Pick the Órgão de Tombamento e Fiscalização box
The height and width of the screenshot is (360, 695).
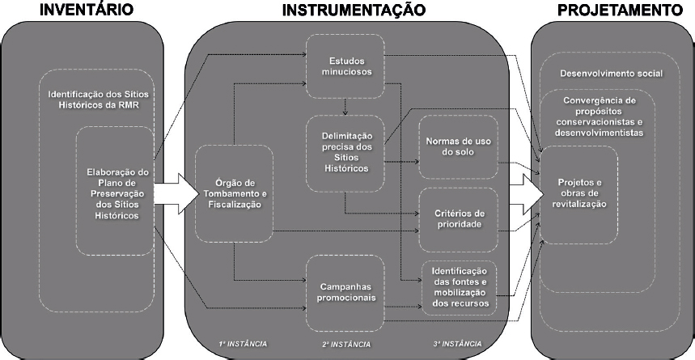point(235,193)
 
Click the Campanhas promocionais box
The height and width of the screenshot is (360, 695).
point(345,290)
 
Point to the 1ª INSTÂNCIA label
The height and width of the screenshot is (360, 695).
point(242,343)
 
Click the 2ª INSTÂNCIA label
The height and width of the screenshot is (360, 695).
point(345,344)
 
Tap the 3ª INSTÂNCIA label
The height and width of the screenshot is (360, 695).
point(458,343)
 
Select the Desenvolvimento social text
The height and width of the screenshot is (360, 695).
point(611,74)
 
